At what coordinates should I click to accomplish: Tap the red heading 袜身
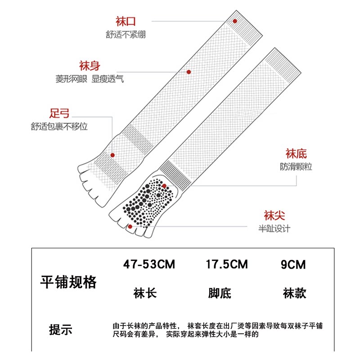click(90, 66)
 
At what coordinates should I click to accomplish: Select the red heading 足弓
click(59, 112)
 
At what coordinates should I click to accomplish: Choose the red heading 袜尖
click(274, 216)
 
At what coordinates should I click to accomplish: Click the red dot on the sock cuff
click(234, 21)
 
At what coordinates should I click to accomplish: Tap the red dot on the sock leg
click(189, 72)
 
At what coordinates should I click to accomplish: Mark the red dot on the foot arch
click(112, 155)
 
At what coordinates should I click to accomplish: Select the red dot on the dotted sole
click(165, 186)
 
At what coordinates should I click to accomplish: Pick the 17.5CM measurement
click(226, 264)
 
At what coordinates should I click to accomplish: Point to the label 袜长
click(145, 294)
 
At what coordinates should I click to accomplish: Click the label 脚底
click(220, 294)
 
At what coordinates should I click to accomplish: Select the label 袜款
click(295, 294)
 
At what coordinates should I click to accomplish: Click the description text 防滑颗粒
click(296, 167)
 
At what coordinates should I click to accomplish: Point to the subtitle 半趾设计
click(274, 229)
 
